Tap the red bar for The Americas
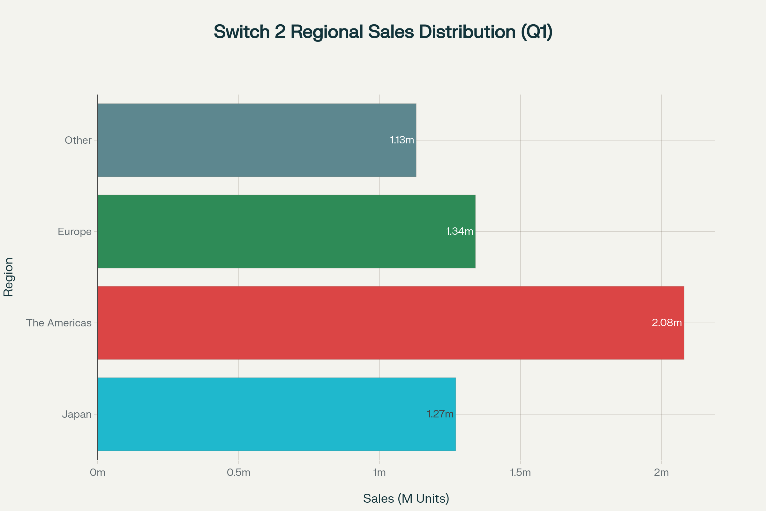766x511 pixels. point(374,323)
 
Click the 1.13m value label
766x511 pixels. point(402,140)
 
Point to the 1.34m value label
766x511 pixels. point(459,231)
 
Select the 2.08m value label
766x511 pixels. point(667,323)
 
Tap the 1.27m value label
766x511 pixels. point(440,414)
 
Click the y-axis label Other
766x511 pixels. point(78,141)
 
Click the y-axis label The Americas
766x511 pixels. point(59,323)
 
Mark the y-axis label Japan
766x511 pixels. point(77,415)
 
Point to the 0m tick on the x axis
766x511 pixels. point(98,473)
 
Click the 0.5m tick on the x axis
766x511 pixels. point(239,473)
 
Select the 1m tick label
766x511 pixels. point(379,473)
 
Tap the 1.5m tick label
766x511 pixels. point(521,473)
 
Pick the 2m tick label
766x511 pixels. point(661,473)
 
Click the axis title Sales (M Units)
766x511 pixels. point(406,499)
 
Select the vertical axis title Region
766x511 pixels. point(9,277)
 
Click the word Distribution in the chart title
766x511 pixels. point(467,32)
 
